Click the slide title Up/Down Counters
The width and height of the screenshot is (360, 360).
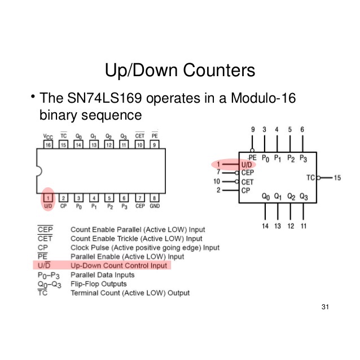(180, 71)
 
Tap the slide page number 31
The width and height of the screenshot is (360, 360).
(324, 307)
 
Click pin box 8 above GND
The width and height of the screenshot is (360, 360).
(154, 197)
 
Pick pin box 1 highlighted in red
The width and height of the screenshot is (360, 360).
(49, 197)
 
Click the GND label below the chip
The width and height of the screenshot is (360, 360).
(154, 207)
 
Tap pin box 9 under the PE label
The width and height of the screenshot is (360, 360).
(154, 145)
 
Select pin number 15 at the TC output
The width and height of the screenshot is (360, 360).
(337, 178)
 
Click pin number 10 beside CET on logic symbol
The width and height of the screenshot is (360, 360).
(216, 182)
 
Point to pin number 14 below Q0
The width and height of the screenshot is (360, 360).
(265, 226)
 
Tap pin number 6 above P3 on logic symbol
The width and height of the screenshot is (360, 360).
(302, 130)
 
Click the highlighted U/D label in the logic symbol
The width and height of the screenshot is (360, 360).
(247, 165)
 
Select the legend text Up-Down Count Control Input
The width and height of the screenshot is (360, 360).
(119, 265)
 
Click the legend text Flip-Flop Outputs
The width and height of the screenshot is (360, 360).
(98, 283)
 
